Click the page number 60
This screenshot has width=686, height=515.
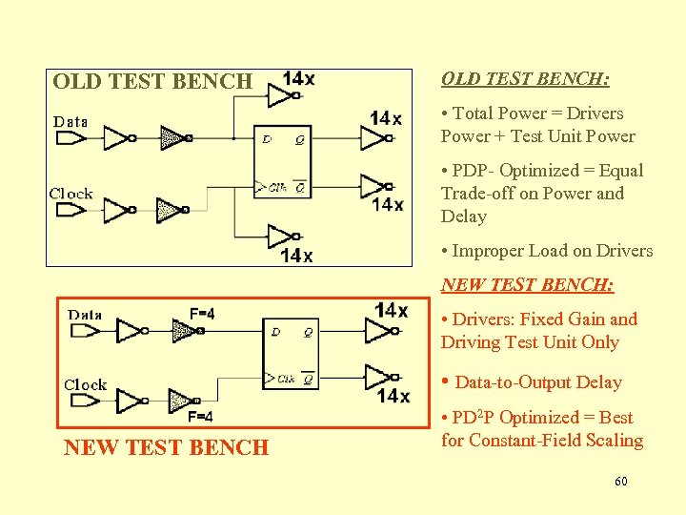621,482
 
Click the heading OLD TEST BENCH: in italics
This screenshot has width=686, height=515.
525,79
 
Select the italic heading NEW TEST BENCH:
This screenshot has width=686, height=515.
527,285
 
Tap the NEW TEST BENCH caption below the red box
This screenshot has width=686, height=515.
167,447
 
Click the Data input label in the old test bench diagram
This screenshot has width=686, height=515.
71,121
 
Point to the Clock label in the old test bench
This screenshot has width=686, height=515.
71,194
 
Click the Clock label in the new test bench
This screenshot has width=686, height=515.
86,385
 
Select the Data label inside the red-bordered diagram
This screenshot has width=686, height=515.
85,314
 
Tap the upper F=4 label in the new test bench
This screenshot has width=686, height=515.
201,314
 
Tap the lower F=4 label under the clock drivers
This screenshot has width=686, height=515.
200,417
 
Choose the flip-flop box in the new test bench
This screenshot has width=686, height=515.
291,354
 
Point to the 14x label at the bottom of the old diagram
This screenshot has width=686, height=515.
295,255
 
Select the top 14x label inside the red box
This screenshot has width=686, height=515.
391,310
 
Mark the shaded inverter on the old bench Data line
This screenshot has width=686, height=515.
172,138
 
